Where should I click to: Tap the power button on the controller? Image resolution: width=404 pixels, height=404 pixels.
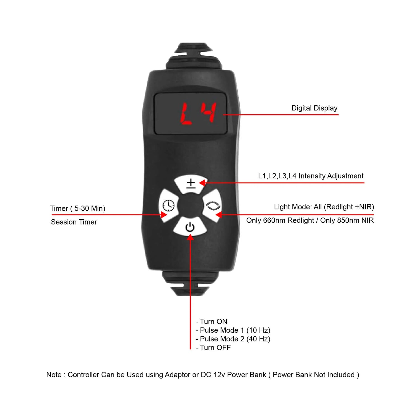click(190, 227)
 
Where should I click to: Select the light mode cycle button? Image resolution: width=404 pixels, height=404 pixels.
click(213, 206)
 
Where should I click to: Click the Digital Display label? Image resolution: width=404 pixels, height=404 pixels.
click(314, 108)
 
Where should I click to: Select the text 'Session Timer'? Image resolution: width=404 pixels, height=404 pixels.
click(74, 222)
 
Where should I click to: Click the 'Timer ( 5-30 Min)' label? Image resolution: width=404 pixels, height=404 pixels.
click(77, 209)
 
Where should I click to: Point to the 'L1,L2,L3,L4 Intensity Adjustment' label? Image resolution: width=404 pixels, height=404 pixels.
click(311, 176)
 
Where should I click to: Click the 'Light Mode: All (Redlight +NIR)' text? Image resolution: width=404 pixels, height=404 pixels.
click(324, 207)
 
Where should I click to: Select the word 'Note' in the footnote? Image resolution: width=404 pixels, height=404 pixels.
click(54, 375)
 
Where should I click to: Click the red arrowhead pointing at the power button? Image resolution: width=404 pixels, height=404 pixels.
click(190, 237)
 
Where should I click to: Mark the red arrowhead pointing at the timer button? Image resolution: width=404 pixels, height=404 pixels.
click(164, 215)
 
